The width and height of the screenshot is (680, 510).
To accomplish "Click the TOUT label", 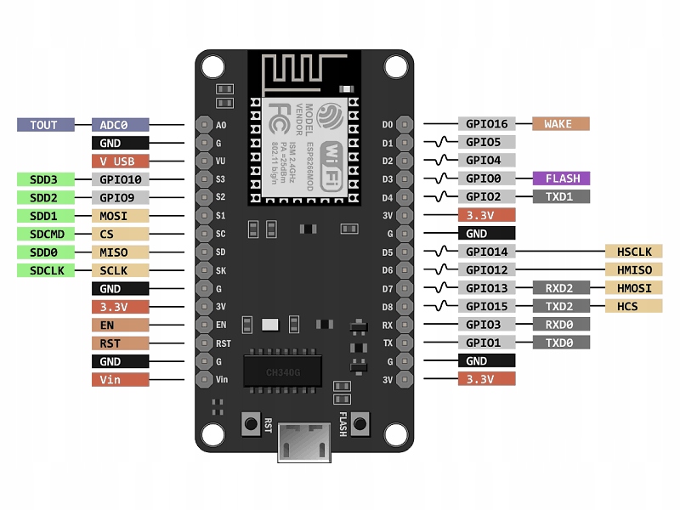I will pos(45,124).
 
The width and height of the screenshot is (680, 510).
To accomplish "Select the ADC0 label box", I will pos(121,124).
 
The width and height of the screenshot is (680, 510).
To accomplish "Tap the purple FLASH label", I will pos(562,178).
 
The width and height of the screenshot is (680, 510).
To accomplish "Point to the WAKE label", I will pos(560,124).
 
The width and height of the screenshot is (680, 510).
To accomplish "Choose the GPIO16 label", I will pos(486,124).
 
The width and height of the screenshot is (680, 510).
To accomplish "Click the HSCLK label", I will pos(633,252).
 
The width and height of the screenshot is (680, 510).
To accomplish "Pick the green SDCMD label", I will pos(45,234).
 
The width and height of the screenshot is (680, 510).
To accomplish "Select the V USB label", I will pos(121,161).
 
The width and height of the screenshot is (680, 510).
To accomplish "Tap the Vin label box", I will pos(121,379).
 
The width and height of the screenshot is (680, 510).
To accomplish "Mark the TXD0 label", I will pos(560,343).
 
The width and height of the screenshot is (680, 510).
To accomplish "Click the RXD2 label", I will pos(560,288).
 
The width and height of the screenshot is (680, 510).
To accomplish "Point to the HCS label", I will pos(633,306).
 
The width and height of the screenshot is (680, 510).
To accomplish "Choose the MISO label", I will pos(121,252).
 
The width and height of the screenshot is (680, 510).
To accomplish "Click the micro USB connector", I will pos(305,443).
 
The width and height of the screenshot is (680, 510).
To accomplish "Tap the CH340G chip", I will pos(282,371).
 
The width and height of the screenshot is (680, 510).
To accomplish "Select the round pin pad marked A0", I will pos(204,125).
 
